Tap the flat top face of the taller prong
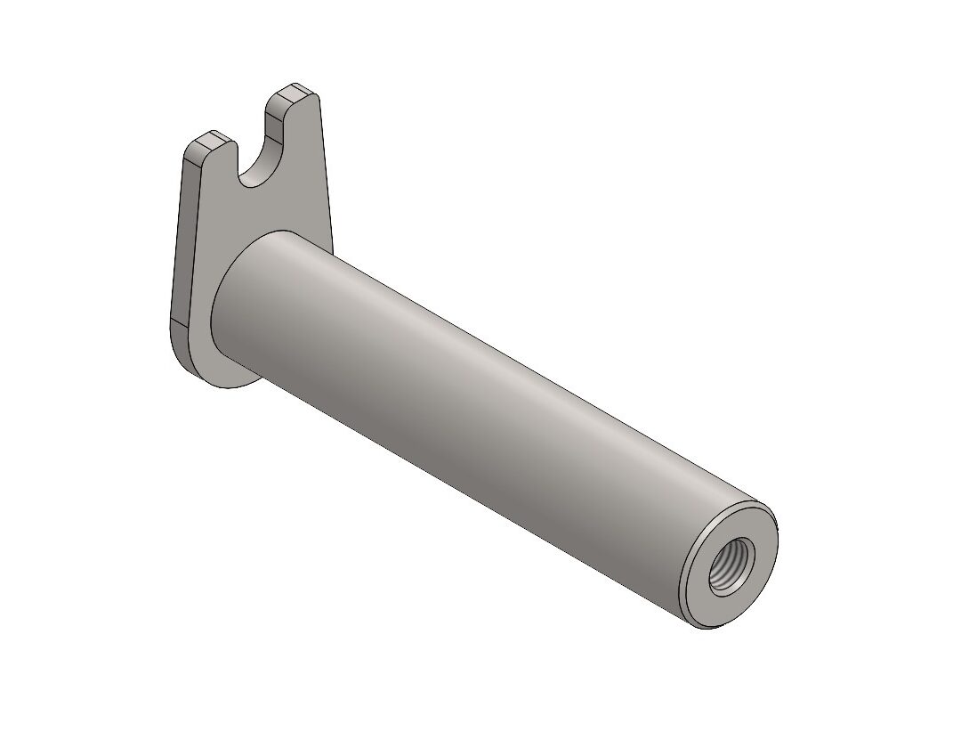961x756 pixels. pyautogui.click(x=293, y=91)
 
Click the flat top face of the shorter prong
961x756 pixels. pyautogui.click(x=212, y=141)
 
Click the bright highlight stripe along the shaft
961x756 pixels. pyautogui.click(x=498, y=374)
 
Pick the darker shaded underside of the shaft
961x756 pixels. pyautogui.click(x=463, y=463)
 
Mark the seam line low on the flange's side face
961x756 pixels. pyautogui.click(x=178, y=320)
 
